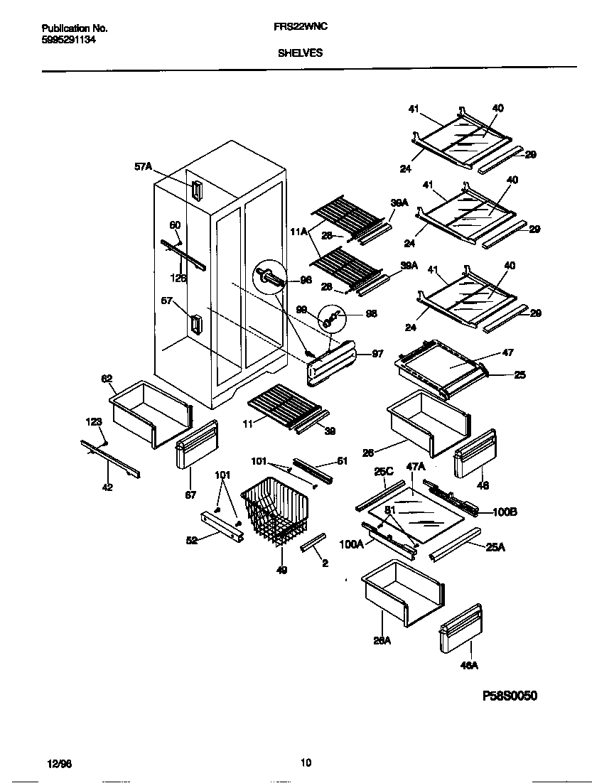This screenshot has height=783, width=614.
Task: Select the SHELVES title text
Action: coord(298,52)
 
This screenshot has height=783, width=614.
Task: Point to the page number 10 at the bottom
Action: coord(306,764)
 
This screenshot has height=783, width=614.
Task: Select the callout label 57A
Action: coord(143,166)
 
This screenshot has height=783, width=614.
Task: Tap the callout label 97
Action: coord(377,353)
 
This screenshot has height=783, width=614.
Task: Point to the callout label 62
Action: coord(107,379)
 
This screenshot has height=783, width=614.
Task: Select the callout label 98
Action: coord(370,313)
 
